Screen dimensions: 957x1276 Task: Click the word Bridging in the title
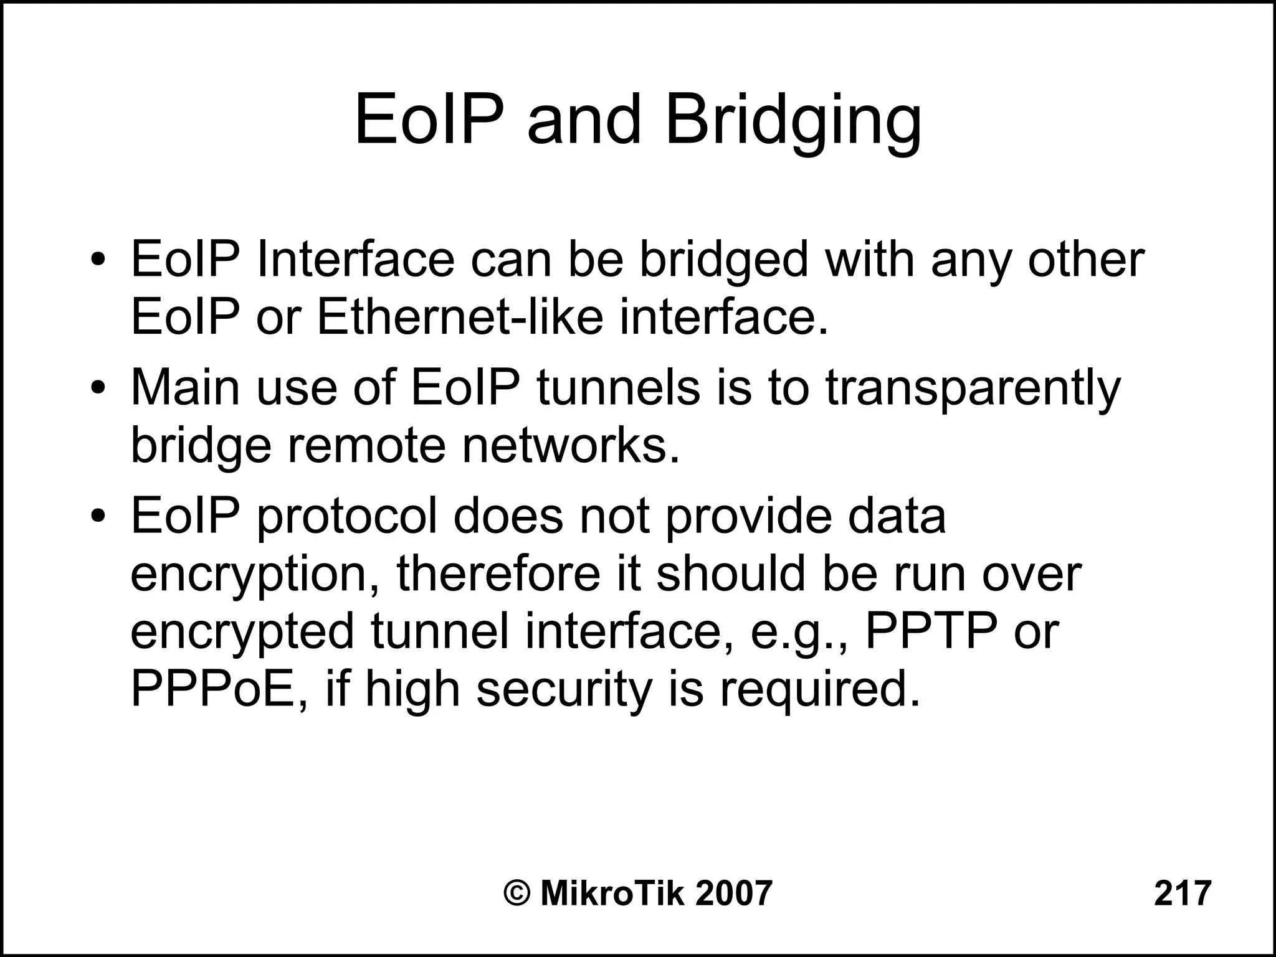793,121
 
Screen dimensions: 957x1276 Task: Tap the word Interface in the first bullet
355,260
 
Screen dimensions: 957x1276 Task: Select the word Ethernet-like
460,318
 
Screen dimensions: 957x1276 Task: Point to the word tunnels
618,387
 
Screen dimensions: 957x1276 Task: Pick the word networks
570,446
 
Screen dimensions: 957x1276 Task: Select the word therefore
500,573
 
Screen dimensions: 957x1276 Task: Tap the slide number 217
1182,893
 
